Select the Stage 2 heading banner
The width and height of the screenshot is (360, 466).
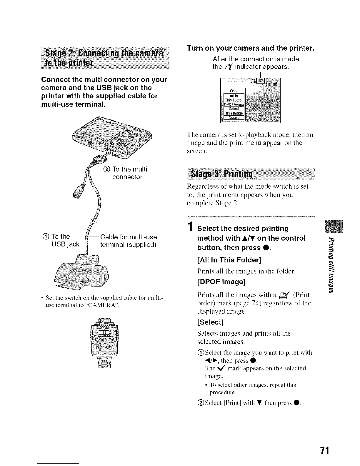tap(105, 58)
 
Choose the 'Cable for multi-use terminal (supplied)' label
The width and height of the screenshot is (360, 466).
tap(128, 241)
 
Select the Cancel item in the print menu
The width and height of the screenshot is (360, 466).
tap(234, 118)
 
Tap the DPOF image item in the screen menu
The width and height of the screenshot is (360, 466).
tap(234, 104)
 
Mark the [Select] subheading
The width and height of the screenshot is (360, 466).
tap(211, 322)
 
